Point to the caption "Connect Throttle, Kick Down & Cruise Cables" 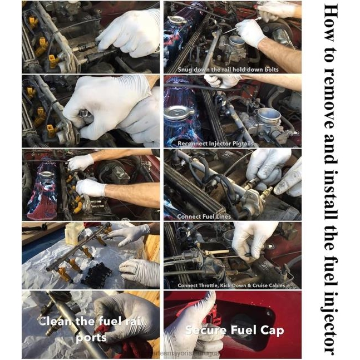(x=231, y=285)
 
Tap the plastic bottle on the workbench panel (x=75, y=234)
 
